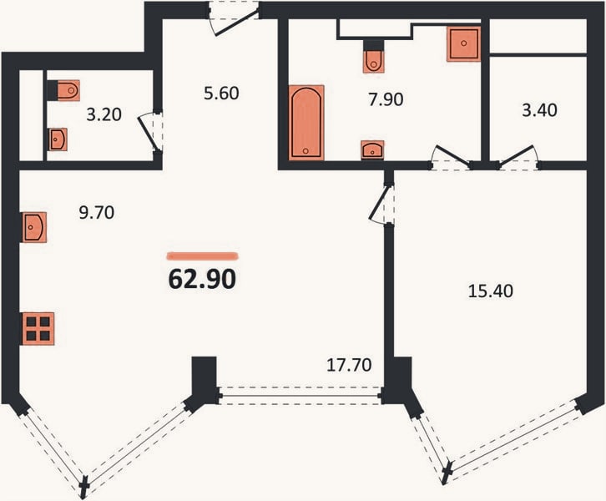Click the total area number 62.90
(x=202, y=279)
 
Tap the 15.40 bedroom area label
(x=491, y=291)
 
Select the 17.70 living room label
(x=349, y=365)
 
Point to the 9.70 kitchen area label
(x=97, y=213)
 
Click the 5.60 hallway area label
(x=221, y=94)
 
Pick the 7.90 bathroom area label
(x=386, y=99)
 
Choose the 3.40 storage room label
(x=539, y=110)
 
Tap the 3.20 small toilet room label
(x=104, y=114)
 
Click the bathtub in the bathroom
(x=306, y=123)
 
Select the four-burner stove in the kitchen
(x=38, y=328)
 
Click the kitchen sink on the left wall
(x=34, y=227)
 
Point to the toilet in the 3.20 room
(x=68, y=90)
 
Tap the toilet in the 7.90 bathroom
(x=374, y=61)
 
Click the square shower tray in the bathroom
(x=464, y=43)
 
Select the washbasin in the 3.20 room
(x=58, y=139)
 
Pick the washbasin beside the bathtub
(x=372, y=149)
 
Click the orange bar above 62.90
(x=202, y=256)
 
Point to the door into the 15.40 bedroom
(x=382, y=204)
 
